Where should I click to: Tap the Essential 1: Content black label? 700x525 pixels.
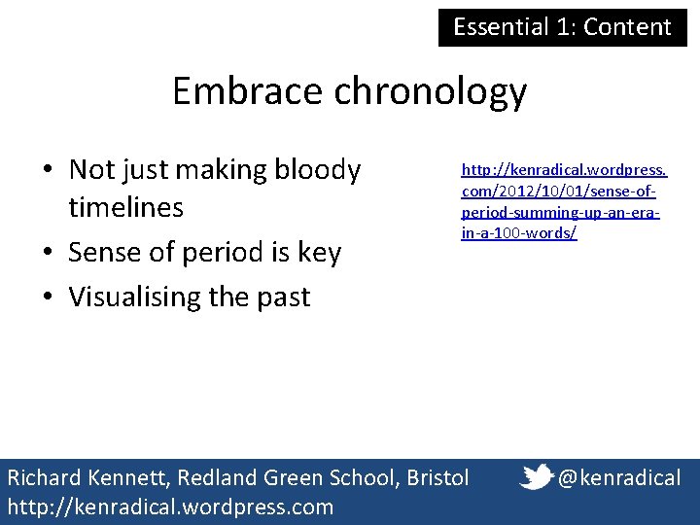tap(562, 26)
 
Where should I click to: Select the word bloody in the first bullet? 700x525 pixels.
tap(317, 170)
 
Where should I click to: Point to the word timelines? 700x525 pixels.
tap(126, 208)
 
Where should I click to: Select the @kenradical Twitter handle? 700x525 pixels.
tap(619, 477)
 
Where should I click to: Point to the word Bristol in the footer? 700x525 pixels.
tap(437, 477)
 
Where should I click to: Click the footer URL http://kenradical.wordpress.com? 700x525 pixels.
tap(170, 507)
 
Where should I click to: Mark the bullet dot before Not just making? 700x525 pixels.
tap(47, 171)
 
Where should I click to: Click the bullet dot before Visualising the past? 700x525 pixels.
tap(47, 297)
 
